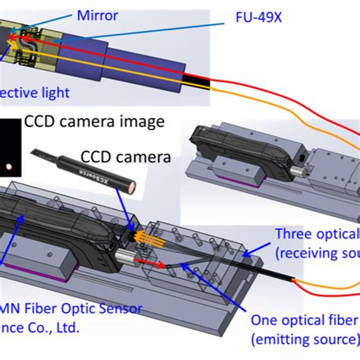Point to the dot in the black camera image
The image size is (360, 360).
tap(8, 166)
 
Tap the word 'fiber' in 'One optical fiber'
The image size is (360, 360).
tap(340, 321)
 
